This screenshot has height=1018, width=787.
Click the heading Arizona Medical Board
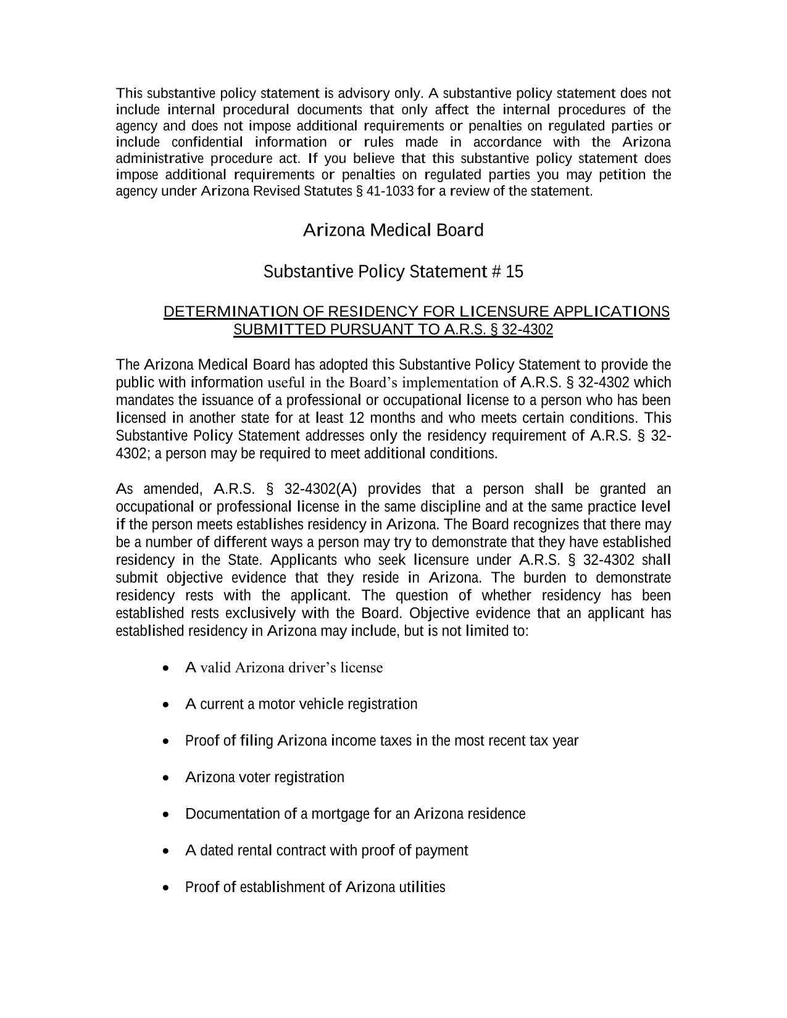393,231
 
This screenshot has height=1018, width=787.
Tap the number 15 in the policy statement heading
514,272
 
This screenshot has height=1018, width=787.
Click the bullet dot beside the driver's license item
165,669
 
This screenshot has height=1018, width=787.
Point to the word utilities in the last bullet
422,888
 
